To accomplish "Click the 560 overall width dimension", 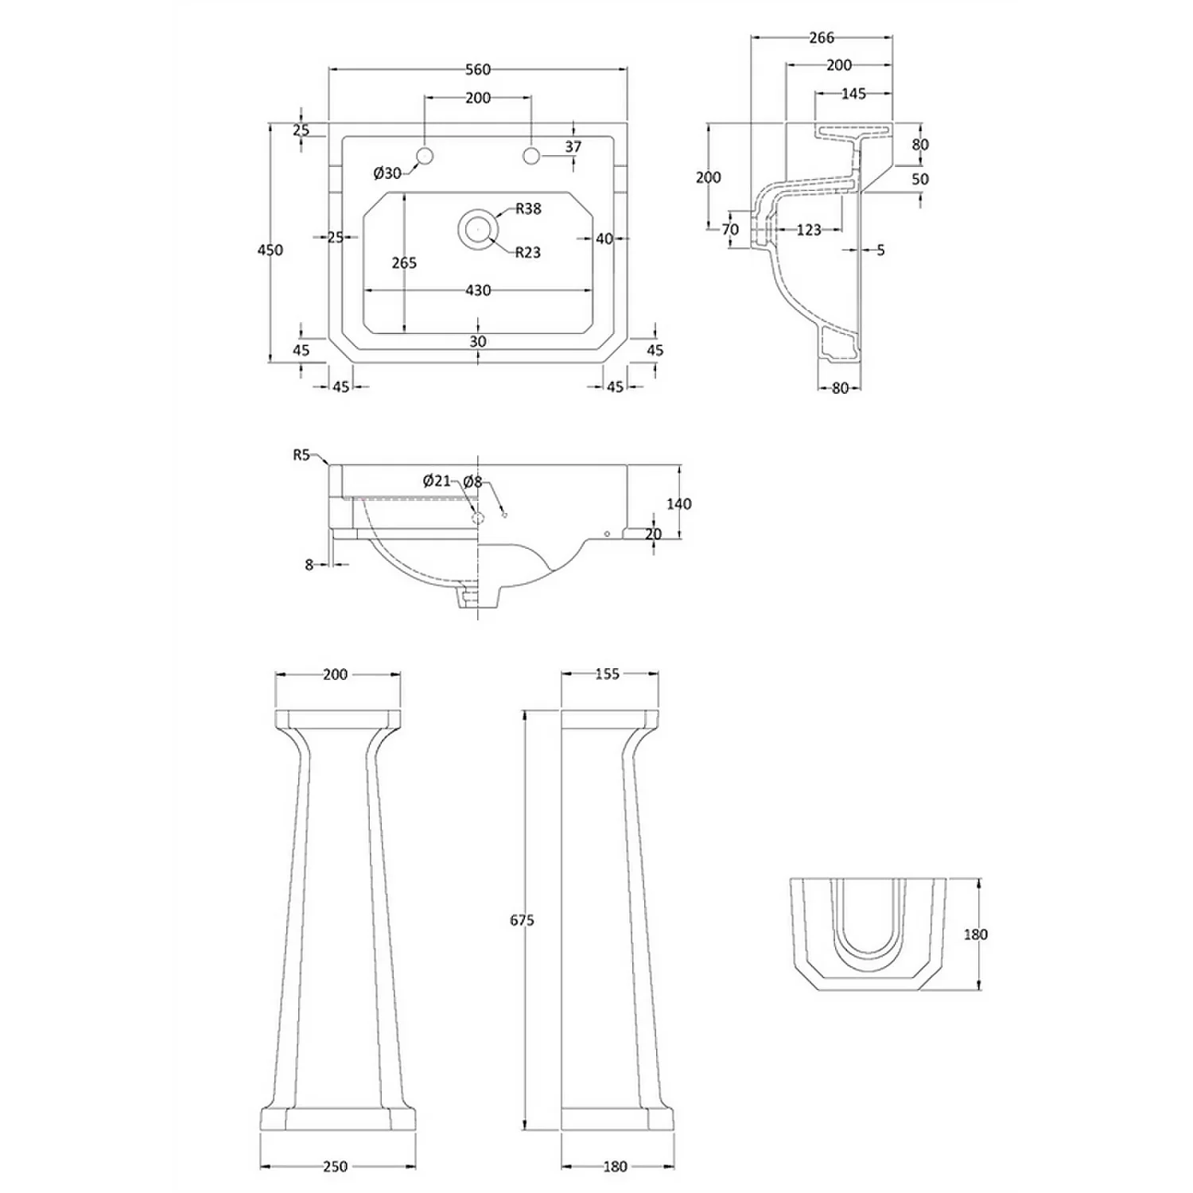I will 477,70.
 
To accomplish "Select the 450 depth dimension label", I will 270,250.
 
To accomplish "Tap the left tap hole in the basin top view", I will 425,156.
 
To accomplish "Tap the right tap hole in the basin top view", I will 531,156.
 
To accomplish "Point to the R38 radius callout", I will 528,208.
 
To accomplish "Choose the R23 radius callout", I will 527,253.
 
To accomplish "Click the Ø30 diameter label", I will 387,173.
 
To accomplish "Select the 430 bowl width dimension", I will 477,291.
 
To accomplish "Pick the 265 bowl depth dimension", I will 404,262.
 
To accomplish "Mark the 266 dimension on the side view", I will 821,37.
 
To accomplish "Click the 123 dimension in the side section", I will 808,230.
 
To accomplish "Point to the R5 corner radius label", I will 301,455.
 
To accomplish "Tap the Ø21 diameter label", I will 437,480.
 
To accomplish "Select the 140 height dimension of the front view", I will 678,503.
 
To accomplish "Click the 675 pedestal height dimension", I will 522,920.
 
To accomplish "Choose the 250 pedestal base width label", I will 335,1166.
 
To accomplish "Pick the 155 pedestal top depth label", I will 607,674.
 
